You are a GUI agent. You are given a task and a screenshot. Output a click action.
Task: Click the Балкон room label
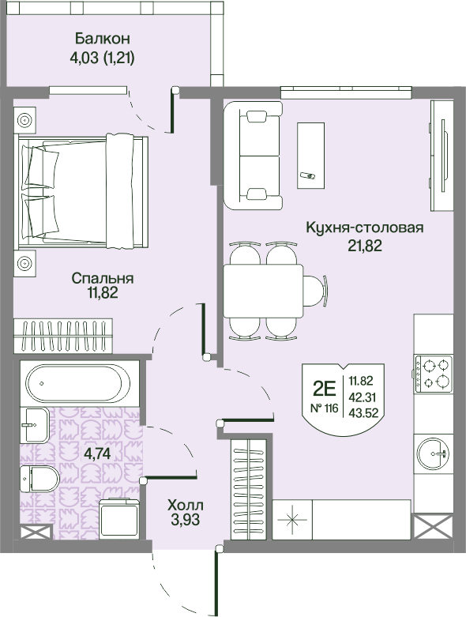pyautogui.click(x=103, y=39)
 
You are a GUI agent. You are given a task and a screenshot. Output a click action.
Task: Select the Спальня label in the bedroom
pyautogui.click(x=102, y=278)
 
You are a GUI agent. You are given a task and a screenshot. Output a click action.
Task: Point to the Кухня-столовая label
pyautogui.click(x=365, y=228)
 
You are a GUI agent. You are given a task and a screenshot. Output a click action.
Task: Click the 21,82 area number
pyautogui.click(x=365, y=245)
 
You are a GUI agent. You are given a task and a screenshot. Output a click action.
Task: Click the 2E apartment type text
pyautogui.click(x=325, y=389)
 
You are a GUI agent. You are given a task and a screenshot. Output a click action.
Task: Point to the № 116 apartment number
pyautogui.click(x=324, y=408)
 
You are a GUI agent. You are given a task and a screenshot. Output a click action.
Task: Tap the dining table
pyautogui.click(x=263, y=290)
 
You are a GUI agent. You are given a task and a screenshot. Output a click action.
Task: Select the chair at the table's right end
pyautogui.click(x=318, y=290)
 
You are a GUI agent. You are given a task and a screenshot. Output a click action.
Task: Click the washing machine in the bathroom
pyautogui.click(x=120, y=519)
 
